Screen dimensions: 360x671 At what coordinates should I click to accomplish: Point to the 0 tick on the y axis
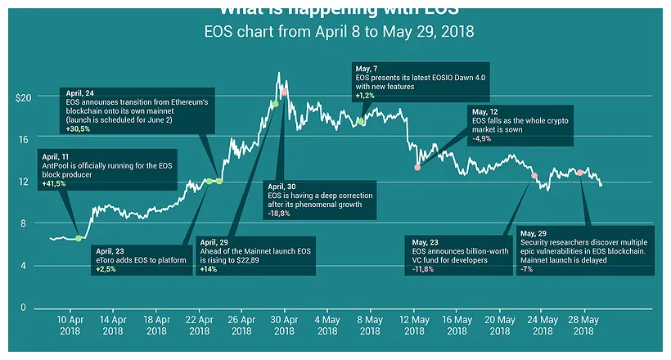pyautogui.click(x=23, y=308)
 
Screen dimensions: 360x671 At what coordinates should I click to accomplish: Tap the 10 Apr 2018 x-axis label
pyautogui.click(x=70, y=325)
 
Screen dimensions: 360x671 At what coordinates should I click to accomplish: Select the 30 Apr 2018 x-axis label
pyautogui.click(x=284, y=325)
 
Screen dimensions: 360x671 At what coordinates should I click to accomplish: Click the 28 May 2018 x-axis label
pyautogui.click(x=583, y=325)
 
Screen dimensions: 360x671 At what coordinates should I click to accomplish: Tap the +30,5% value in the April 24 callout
pyautogui.click(x=79, y=129)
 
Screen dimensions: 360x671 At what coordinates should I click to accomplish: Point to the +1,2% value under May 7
pyautogui.click(x=365, y=96)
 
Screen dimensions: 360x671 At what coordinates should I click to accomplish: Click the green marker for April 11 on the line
pyautogui.click(x=79, y=238)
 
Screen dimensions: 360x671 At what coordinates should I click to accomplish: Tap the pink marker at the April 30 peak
pyautogui.click(x=284, y=92)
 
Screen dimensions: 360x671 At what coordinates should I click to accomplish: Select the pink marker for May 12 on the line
pyautogui.click(x=417, y=167)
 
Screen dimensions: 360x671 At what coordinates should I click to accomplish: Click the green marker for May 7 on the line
pyautogui.click(x=360, y=121)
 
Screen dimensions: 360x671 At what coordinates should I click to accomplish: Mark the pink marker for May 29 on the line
pyautogui.click(x=579, y=173)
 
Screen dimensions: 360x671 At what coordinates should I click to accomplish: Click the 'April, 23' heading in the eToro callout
pyautogui.click(x=112, y=250)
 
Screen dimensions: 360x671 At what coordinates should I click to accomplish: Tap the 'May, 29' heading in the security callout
pyautogui.click(x=533, y=233)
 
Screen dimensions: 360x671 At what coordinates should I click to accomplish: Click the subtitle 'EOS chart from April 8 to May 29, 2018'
pyautogui.click(x=339, y=32)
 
